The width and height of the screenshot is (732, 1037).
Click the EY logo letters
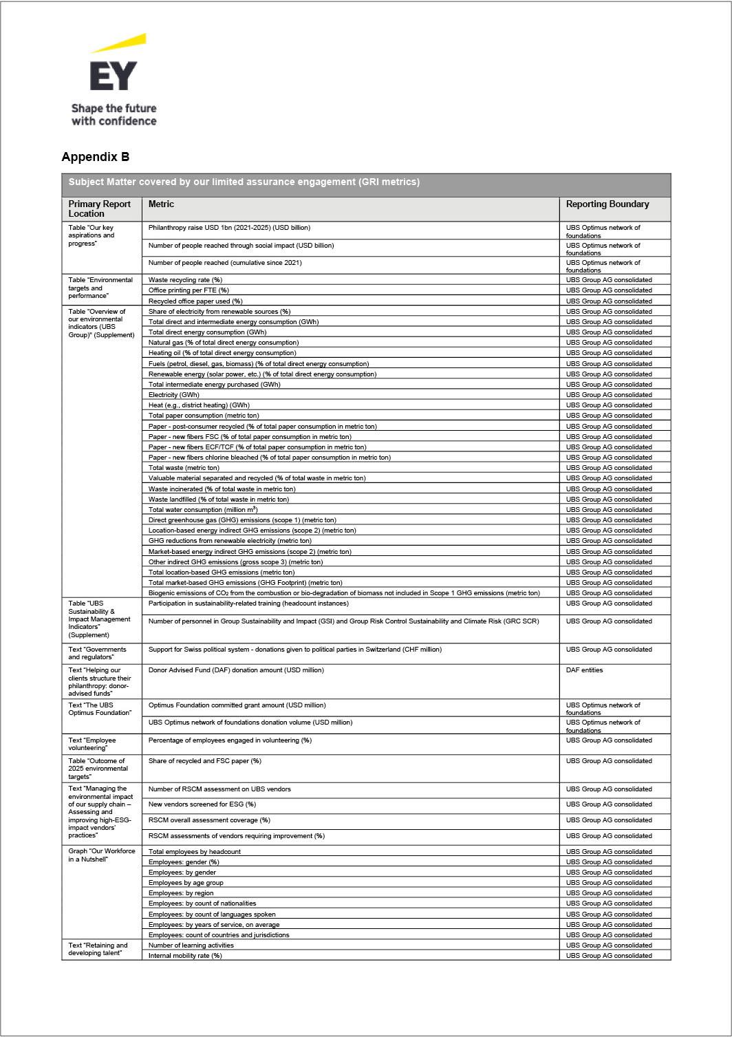coord(113,76)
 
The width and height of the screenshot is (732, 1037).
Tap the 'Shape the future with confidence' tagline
coord(114,115)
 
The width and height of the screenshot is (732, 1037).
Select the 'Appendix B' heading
coord(95,157)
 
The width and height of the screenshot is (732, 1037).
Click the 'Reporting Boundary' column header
coord(607,204)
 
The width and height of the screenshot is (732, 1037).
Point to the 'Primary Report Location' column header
coord(99,209)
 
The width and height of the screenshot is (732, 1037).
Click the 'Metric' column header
coord(161,204)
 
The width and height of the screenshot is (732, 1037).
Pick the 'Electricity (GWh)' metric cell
coord(173,395)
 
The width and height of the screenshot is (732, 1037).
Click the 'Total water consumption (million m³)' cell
coord(202,510)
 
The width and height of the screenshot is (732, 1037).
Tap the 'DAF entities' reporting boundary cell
coord(584,670)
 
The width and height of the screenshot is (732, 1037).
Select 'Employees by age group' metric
coord(186,883)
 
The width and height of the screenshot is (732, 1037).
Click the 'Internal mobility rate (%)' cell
coord(185,956)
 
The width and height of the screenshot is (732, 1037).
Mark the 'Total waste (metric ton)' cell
coord(184,468)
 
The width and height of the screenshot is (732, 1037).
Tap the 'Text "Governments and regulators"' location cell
coord(97,653)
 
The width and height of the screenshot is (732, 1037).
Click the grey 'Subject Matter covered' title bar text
coord(244,182)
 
